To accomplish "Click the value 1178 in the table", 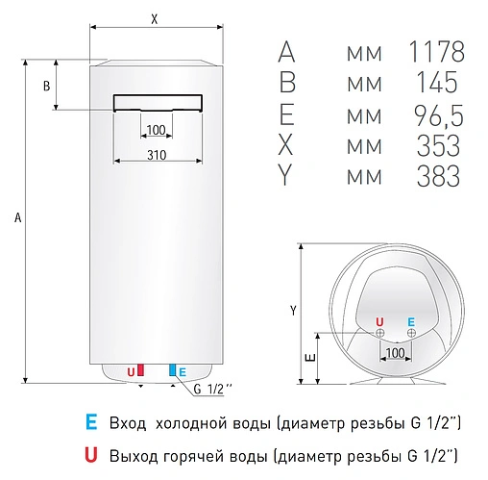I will point(437,51).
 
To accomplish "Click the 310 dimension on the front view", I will point(159,156).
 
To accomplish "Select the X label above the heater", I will point(156,18).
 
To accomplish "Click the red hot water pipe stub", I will point(140,369).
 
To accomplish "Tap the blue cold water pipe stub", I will point(172,369).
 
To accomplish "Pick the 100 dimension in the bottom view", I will point(396,354).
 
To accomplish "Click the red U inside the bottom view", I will point(378,321).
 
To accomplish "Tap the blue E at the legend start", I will point(89,422).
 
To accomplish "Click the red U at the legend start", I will point(89,452).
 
